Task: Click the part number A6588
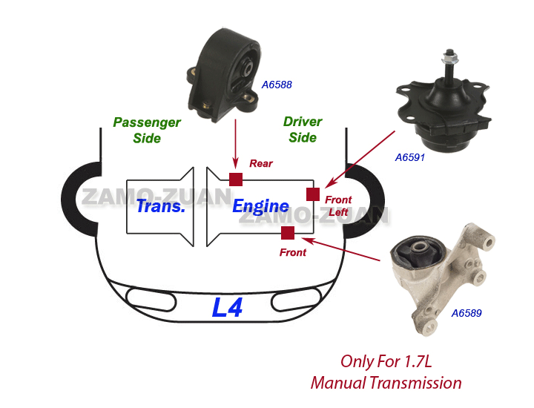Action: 277,85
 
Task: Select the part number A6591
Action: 410,157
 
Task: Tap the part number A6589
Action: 467,313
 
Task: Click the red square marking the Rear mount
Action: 236,179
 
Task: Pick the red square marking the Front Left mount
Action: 313,194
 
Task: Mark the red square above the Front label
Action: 288,234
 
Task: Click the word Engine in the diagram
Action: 260,206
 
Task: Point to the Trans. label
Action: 159,205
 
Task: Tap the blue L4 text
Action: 227,307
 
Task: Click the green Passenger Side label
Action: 147,130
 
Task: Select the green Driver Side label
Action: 303,129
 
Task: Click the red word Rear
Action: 261,163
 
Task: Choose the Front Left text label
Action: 338,205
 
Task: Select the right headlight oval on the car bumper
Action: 297,300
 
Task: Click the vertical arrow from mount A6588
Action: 235,141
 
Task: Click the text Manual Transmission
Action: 386,383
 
